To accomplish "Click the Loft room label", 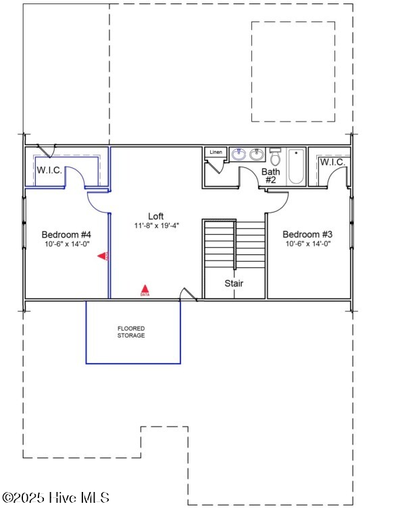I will (x=156, y=216).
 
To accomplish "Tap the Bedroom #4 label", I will (x=66, y=234).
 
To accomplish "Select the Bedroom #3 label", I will (x=307, y=234).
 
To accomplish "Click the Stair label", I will (x=234, y=283).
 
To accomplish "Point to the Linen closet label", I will (x=216, y=153).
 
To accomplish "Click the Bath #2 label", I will (x=271, y=176).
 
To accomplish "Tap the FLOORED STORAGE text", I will (x=131, y=332).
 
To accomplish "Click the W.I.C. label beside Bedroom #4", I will (x=49, y=170).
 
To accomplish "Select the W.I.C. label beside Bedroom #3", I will (x=332, y=163).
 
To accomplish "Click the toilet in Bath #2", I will (x=275, y=158).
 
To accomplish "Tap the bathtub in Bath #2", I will (x=297, y=167).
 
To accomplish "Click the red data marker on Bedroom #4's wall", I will (x=103, y=256).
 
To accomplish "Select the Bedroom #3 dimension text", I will (x=307, y=244).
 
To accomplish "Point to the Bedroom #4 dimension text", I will (x=66, y=244).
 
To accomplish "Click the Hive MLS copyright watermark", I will (x=55, y=498).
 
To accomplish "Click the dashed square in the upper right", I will (x=293, y=72).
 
